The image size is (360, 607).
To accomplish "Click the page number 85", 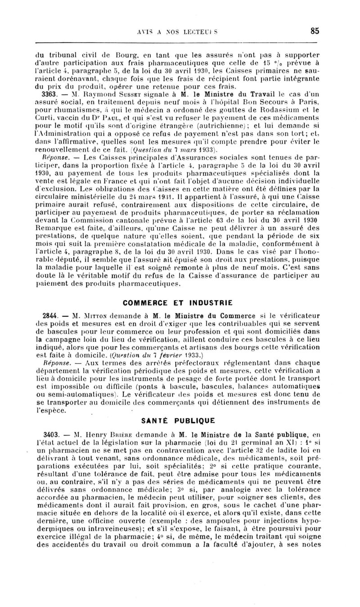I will tap(315, 31).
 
